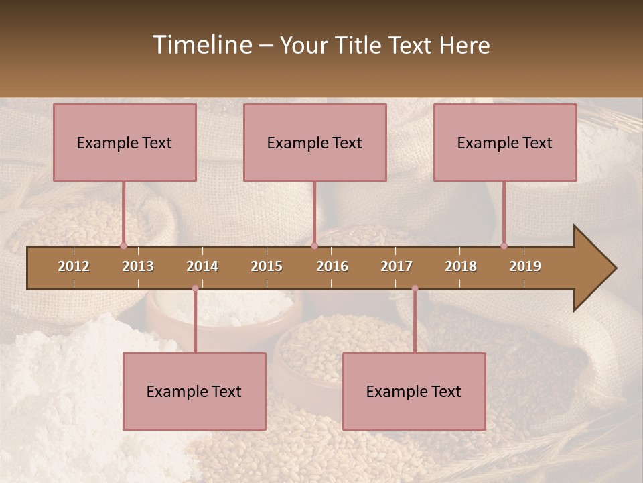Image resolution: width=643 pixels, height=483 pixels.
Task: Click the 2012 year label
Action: pyautogui.click(x=74, y=266)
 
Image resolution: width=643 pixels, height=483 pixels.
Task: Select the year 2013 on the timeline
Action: pyautogui.click(x=138, y=266)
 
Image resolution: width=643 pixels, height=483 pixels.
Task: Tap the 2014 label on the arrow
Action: pyautogui.click(x=202, y=266)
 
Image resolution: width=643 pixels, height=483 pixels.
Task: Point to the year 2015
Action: pyautogui.click(x=267, y=266)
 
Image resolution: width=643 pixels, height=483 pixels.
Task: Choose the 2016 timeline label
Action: pyautogui.click(x=332, y=266)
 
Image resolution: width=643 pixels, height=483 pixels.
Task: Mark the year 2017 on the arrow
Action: pyautogui.click(x=397, y=266)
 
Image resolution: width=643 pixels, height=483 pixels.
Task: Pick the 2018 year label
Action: pyautogui.click(x=461, y=266)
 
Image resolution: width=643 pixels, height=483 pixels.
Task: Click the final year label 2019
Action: pyautogui.click(x=525, y=266)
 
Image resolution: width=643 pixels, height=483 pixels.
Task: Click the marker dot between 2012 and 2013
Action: pyautogui.click(x=123, y=246)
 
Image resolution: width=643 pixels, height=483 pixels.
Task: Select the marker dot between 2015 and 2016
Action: pyautogui.click(x=314, y=246)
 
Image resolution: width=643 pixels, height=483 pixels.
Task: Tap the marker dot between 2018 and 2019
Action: pyautogui.click(x=504, y=246)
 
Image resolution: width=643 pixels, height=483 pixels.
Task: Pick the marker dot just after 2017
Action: pyautogui.click(x=415, y=288)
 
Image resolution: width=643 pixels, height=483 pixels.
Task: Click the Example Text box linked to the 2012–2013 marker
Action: pyautogui.click(x=125, y=142)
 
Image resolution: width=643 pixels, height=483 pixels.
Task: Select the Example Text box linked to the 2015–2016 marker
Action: pyautogui.click(x=315, y=142)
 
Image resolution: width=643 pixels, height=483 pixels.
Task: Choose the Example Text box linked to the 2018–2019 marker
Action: pyautogui.click(x=505, y=142)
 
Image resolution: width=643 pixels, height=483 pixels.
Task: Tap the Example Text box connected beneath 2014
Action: pyautogui.click(x=194, y=391)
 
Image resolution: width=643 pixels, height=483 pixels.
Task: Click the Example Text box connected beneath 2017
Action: pyautogui.click(x=414, y=391)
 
